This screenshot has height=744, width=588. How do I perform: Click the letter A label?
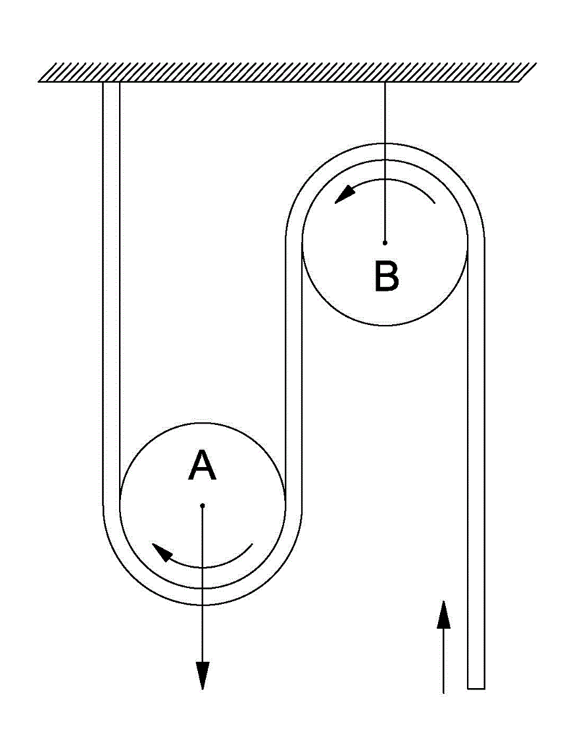click(202, 466)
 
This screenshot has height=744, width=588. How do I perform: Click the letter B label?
click(386, 276)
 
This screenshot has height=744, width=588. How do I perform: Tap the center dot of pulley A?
click(203, 505)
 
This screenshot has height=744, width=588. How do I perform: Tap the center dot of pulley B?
click(385, 242)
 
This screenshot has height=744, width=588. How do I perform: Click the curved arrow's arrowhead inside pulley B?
click(343, 195)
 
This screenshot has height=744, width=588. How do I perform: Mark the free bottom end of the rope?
click(476, 687)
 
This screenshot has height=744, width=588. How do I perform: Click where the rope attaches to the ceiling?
click(111, 84)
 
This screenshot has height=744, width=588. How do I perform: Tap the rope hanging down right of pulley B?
click(476, 460)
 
